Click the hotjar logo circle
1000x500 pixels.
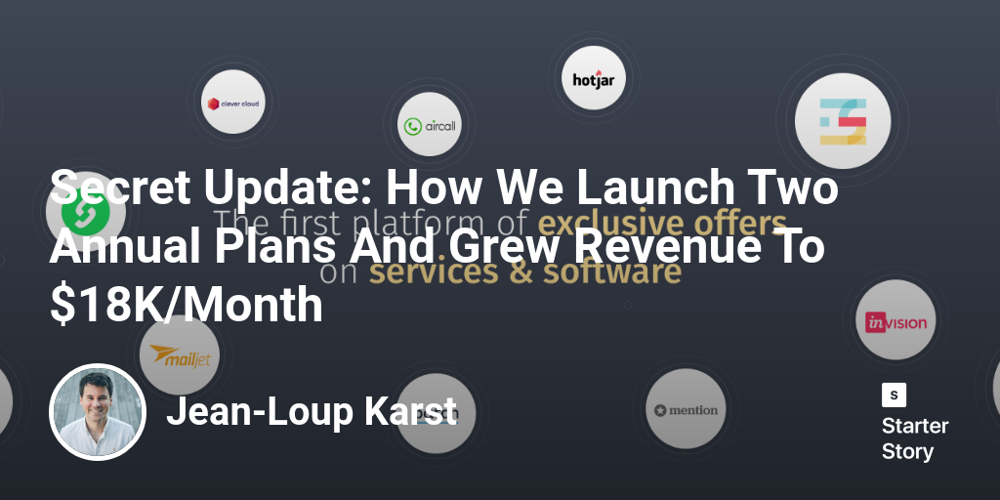pyautogui.click(x=594, y=77)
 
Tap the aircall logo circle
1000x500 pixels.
pyautogui.click(x=429, y=125)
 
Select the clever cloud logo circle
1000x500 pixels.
pyautogui.click(x=234, y=102)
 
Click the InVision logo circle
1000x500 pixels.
pyautogui.click(x=896, y=321)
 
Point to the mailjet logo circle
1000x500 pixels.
pyautogui.click(x=179, y=356)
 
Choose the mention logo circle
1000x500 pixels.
pyautogui.click(x=687, y=410)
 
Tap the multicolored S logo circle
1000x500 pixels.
pyautogui.click(x=843, y=121)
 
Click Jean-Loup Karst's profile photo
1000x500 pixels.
pyautogui.click(x=98, y=412)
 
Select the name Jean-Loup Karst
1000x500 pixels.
pyautogui.click(x=312, y=412)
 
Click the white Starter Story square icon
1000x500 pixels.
pyautogui.click(x=894, y=395)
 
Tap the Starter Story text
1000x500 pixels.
pyautogui.click(x=915, y=438)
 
